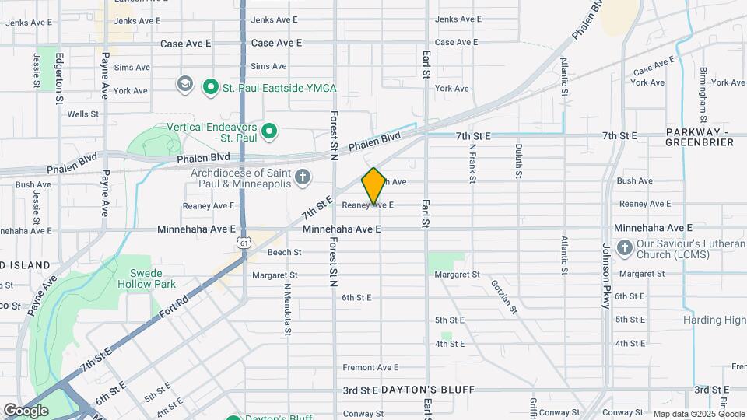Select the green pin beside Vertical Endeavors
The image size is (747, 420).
pos(269,131)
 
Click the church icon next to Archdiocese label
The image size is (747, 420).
pos(303,178)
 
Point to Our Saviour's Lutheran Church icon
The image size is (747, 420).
pos(623,248)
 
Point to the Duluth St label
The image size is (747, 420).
pos(518,162)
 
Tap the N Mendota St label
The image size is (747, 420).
pos(287,309)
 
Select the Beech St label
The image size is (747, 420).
pos(284,252)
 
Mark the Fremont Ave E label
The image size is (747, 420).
pos(371,367)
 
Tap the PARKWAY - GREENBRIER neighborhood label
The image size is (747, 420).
pos(700,137)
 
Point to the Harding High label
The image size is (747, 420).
pos(714,320)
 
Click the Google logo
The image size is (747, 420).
pos(25,410)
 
